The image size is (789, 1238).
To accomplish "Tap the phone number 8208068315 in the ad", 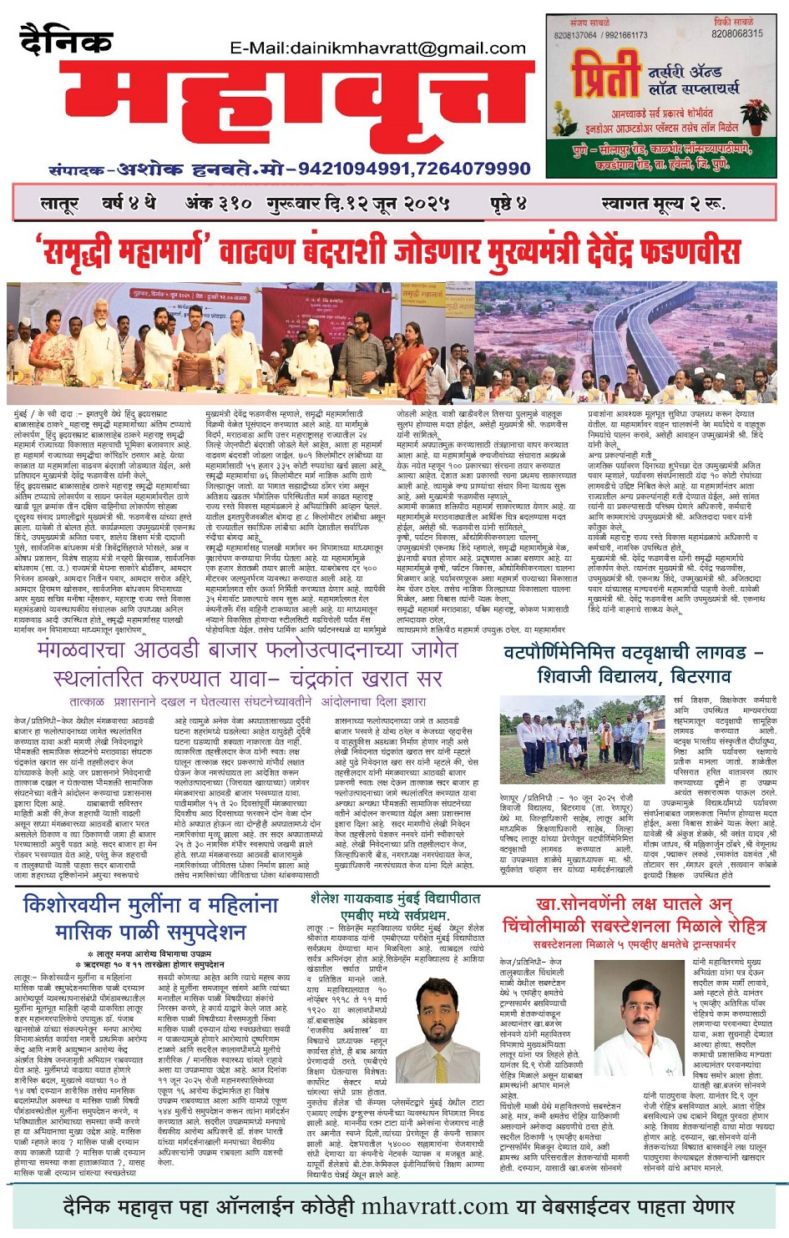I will point(736,33).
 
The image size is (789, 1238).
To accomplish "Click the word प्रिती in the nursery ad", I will point(605,78).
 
